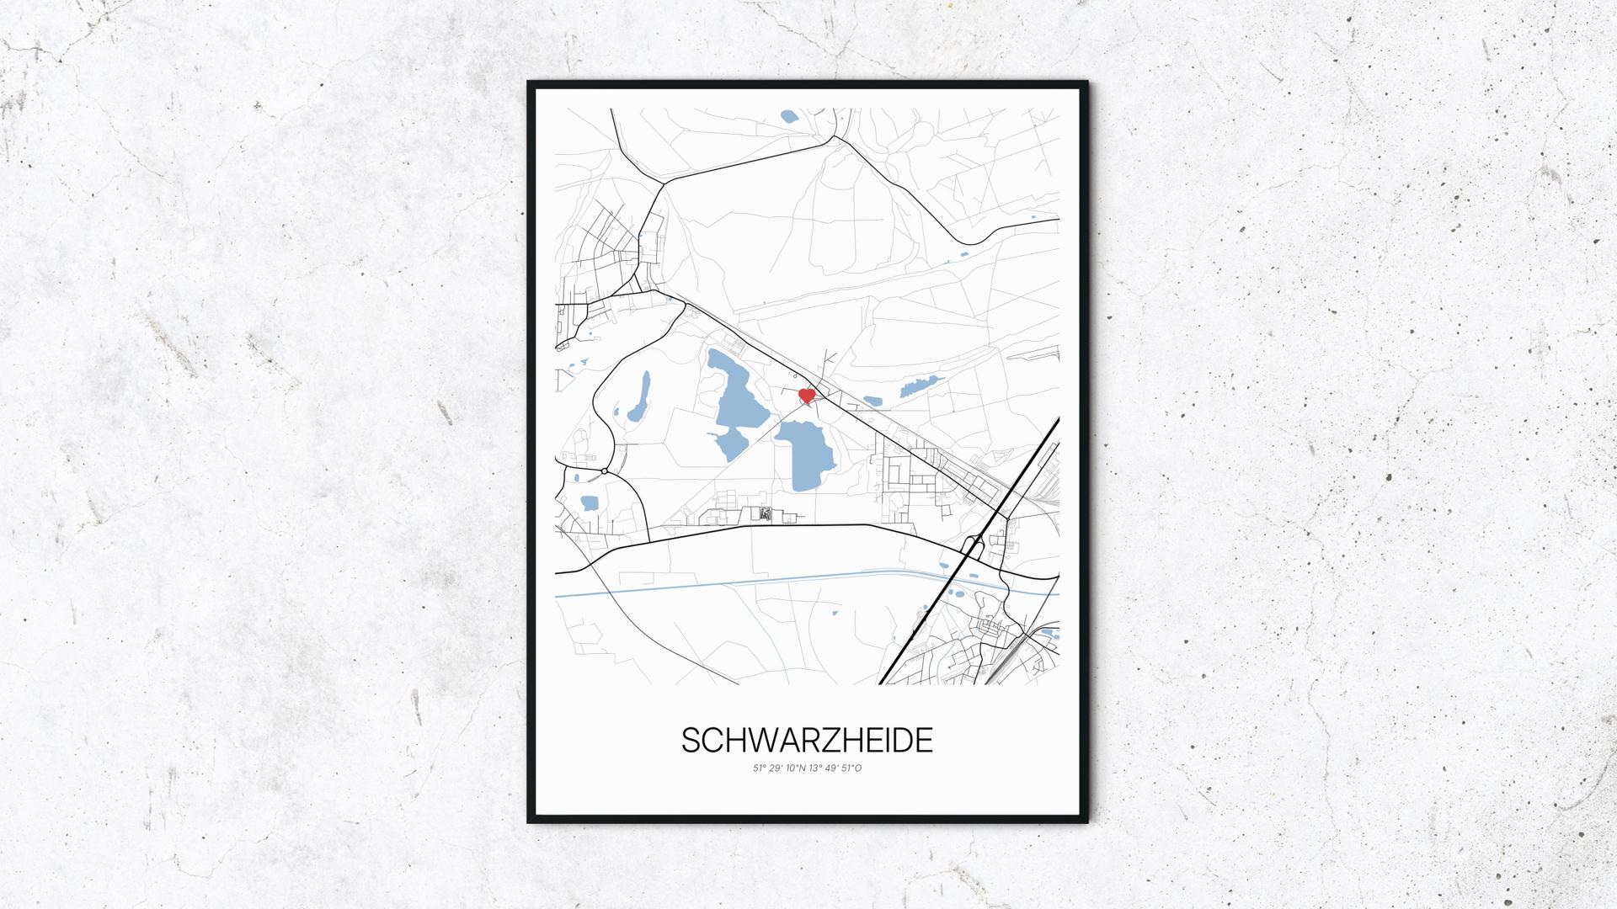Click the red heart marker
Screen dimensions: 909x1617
click(x=806, y=395)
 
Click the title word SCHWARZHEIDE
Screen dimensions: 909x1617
click(x=807, y=741)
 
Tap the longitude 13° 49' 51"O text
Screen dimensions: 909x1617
click(x=835, y=768)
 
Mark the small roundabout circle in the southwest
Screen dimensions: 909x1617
click(x=605, y=470)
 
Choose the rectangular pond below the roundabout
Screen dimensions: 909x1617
click(x=589, y=503)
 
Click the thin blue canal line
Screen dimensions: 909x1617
click(x=758, y=587)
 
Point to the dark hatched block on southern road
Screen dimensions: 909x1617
click(x=765, y=513)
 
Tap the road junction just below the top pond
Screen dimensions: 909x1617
click(x=833, y=136)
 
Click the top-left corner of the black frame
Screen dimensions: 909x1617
click(x=530, y=83)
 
